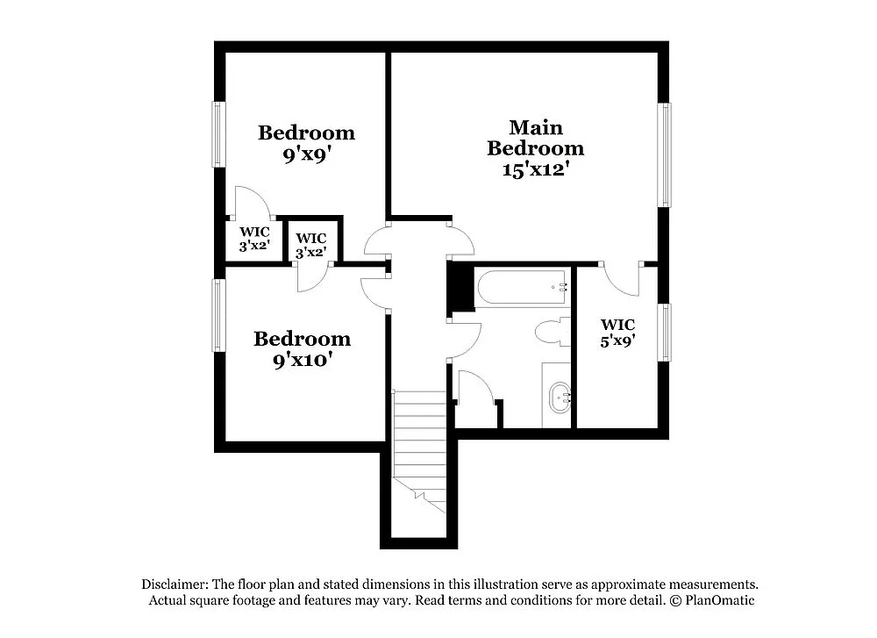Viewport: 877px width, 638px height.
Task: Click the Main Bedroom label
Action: click(x=535, y=138)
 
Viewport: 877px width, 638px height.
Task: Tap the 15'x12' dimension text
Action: click(x=537, y=170)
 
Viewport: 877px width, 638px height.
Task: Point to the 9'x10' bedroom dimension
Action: click(x=302, y=360)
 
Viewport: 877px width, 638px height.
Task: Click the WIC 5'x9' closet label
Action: click(x=617, y=333)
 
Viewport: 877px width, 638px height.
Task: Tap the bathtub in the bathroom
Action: click(x=521, y=288)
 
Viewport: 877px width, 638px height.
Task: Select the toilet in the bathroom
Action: click(x=552, y=333)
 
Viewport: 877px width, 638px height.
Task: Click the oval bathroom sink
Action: click(x=559, y=399)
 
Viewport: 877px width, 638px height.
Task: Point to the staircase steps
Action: click(x=419, y=443)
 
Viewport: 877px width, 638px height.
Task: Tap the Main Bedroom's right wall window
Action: click(x=666, y=155)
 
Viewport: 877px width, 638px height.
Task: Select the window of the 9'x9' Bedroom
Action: click(x=217, y=134)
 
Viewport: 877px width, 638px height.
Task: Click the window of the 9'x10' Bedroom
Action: click(x=217, y=315)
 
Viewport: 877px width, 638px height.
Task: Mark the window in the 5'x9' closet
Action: click(x=666, y=333)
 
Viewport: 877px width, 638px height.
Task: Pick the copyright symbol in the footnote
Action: click(x=675, y=600)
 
